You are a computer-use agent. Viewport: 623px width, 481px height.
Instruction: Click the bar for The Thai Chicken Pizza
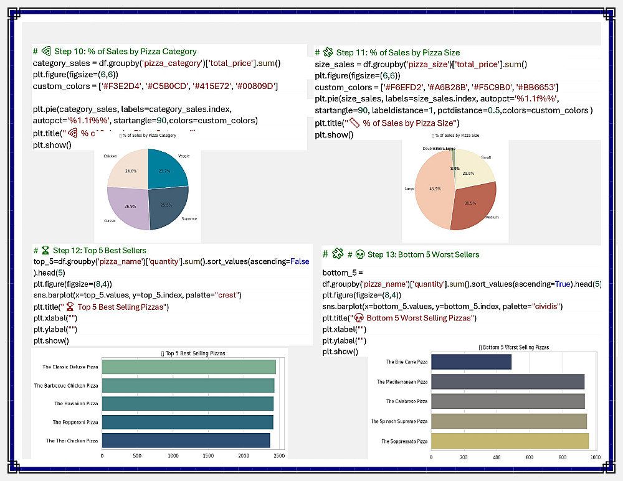click(x=186, y=441)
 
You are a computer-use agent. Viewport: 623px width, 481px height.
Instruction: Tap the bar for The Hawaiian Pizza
click(x=187, y=404)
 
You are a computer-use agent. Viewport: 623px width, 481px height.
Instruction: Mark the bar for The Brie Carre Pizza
click(x=471, y=362)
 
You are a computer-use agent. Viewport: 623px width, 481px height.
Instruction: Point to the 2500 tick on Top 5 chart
click(x=278, y=456)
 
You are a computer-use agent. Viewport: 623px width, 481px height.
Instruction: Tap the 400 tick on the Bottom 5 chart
click(x=497, y=457)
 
